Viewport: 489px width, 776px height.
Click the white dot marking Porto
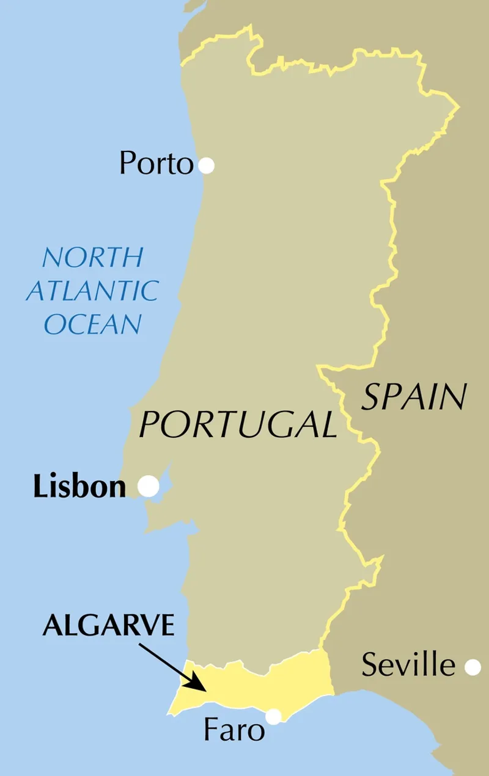tap(206, 165)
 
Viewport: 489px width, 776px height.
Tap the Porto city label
tap(156, 164)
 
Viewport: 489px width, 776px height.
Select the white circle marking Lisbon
tap(149, 486)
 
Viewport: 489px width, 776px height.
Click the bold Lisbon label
tap(79, 487)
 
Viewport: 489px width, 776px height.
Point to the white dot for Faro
tap(273, 716)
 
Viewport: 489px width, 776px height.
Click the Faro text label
tap(235, 730)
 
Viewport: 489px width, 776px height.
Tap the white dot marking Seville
tap(472, 667)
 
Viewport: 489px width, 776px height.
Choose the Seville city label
tap(408, 665)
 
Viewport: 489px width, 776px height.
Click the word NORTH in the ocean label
tap(93, 258)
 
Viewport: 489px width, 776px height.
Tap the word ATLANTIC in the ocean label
tap(92, 291)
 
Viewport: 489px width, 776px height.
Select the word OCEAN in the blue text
tap(93, 324)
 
